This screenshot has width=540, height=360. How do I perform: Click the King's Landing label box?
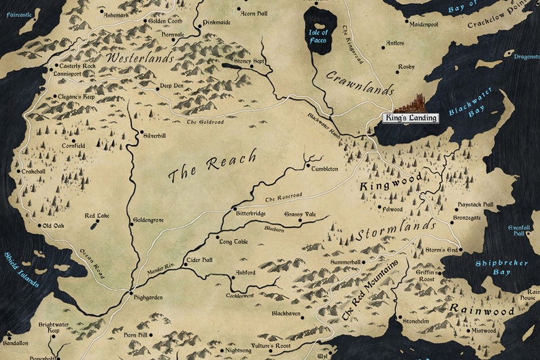point(411,118)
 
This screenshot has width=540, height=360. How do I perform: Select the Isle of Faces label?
point(318,36)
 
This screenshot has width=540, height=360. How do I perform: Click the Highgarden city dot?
point(130,293)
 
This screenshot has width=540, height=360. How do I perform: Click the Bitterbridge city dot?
point(235,208)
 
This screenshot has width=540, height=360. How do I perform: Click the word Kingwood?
point(390,182)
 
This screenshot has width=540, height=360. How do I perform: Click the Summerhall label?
point(345,262)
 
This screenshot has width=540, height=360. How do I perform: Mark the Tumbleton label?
point(324,168)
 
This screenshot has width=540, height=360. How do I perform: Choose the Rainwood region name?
point(481,310)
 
